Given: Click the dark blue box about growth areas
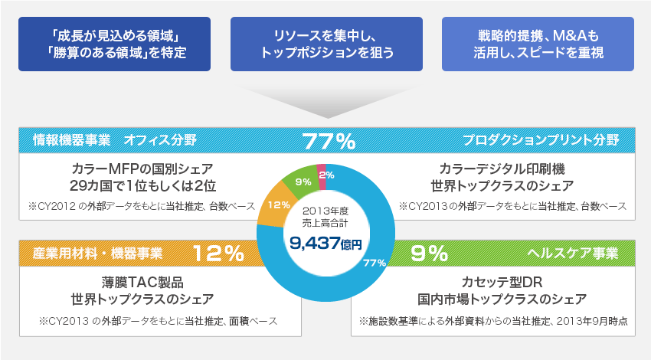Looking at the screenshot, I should click(116, 44).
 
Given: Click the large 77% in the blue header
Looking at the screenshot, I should click(329, 141).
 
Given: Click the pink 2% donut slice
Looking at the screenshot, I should click(322, 174).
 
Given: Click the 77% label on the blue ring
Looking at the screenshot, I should click(374, 263).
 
